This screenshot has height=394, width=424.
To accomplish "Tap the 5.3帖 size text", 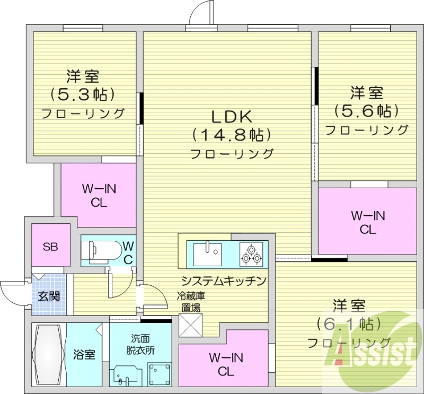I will (x=83, y=94).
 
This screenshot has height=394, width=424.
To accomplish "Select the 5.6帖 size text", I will (x=366, y=111).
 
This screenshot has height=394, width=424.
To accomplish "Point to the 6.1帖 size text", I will (x=348, y=323).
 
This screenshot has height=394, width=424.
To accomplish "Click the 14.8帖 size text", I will (x=232, y=135).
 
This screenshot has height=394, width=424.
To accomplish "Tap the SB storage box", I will (x=50, y=246).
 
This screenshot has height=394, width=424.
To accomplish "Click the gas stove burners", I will (x=251, y=253).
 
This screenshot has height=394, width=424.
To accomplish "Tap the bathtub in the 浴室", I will (x=48, y=353).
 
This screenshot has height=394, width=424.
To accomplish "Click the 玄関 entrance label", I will (x=49, y=296).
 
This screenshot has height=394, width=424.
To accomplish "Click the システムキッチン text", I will (x=223, y=281).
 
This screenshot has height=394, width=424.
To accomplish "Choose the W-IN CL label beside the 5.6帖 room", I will (x=368, y=223).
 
